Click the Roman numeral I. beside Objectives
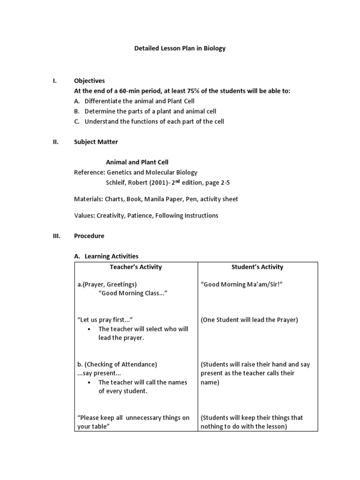54,81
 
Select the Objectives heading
90,81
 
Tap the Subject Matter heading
96,142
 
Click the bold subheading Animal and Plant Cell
137,162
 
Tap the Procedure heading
89,236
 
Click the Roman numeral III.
56,236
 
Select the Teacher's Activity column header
135,267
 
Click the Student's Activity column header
257,267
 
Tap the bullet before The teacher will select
89,329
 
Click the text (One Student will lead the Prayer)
249,320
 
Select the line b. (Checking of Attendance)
117,364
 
